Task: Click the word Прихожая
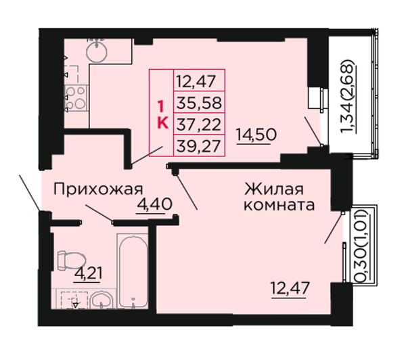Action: pyautogui.click(x=98, y=189)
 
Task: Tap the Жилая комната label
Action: pyautogui.click(x=279, y=197)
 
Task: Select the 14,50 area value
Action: pyautogui.click(x=256, y=135)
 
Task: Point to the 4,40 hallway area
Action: pyautogui.click(x=154, y=204)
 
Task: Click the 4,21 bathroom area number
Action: pyautogui.click(x=88, y=273)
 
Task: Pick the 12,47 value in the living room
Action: pyautogui.click(x=290, y=288)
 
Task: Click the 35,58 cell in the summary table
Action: pyautogui.click(x=199, y=102)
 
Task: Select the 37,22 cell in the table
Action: pyautogui.click(x=199, y=124)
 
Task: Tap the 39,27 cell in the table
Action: pyautogui.click(x=199, y=145)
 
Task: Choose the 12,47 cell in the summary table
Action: pyautogui.click(x=199, y=81)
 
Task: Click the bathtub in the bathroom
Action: pyautogui.click(x=133, y=271)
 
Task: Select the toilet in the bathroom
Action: pyautogui.click(x=70, y=261)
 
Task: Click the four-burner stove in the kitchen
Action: pyautogui.click(x=76, y=98)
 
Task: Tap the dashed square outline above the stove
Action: pyautogui.click(x=71, y=74)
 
